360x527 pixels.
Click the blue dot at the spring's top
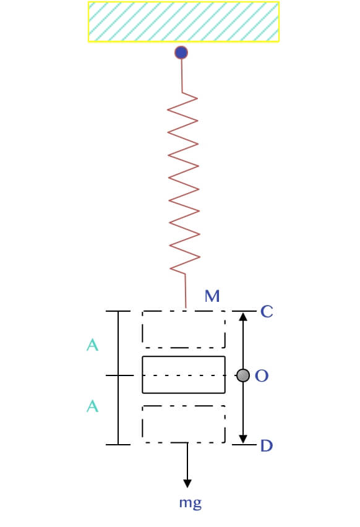point(181,53)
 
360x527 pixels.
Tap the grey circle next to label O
point(243,375)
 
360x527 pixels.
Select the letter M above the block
point(212,296)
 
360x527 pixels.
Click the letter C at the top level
point(267,311)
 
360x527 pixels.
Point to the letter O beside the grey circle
point(262,375)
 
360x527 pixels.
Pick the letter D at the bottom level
point(267,446)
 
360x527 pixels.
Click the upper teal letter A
point(92,345)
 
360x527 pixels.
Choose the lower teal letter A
point(92,406)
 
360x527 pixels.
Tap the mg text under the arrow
point(191,503)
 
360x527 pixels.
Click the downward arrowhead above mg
point(187,483)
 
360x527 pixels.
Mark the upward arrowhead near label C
point(243,316)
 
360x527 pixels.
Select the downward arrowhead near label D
point(243,439)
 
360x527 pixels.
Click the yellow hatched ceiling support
point(184,22)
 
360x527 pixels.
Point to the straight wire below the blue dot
point(182,76)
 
